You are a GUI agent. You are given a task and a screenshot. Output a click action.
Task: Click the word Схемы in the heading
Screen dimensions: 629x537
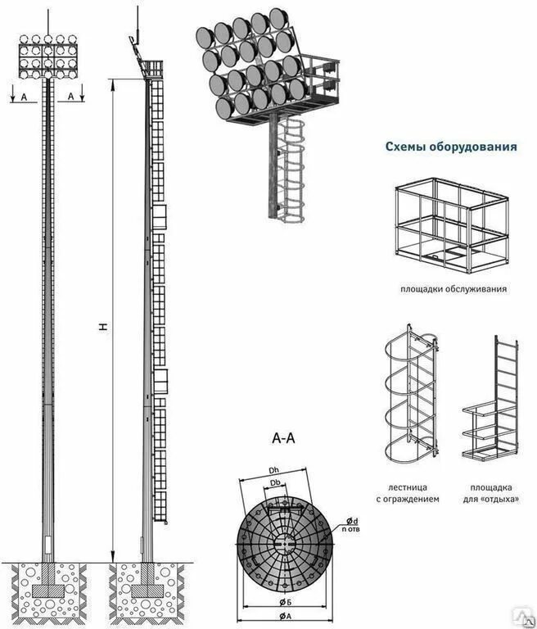406,147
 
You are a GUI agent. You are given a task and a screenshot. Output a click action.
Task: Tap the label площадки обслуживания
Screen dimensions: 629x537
454,289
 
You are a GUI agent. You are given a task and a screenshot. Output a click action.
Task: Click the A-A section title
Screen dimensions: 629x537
283,439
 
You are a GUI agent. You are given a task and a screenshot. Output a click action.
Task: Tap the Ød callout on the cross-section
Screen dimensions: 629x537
351,521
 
